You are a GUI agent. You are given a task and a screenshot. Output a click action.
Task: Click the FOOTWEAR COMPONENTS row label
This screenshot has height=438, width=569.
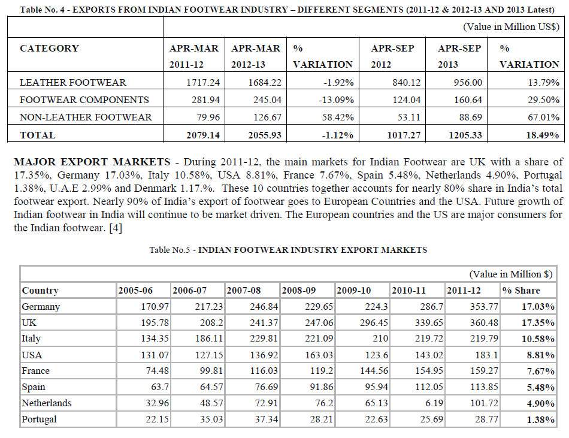click(84, 99)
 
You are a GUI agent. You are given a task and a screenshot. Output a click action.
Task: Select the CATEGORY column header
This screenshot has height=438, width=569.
click(49, 49)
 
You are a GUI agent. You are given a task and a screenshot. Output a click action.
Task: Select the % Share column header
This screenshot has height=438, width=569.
click(520, 291)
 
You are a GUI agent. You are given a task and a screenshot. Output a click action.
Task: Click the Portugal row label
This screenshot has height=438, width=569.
click(40, 419)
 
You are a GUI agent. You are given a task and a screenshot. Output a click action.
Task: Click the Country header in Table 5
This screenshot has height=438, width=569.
click(40, 291)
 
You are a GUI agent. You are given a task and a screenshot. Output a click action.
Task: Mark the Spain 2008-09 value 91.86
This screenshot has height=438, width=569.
click(319, 387)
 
